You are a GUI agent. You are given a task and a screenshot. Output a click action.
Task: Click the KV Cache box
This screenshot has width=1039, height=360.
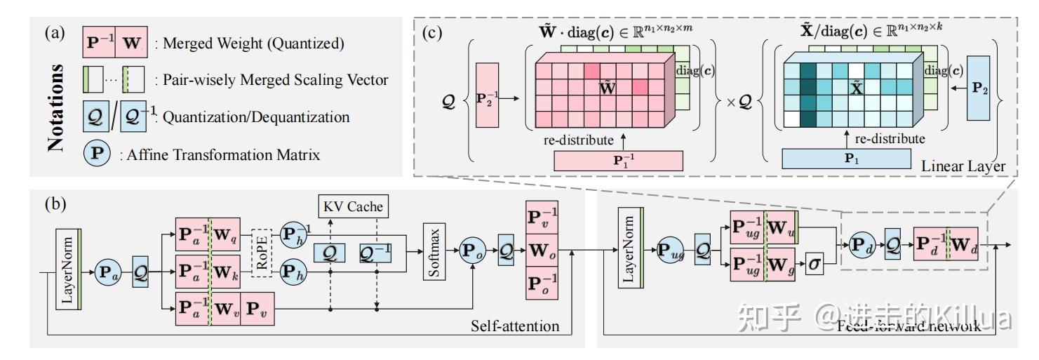coord(354,207)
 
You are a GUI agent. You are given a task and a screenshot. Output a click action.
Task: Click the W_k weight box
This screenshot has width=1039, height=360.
coord(226,270)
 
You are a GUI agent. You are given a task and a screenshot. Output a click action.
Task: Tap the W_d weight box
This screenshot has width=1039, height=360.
coord(965,244)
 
